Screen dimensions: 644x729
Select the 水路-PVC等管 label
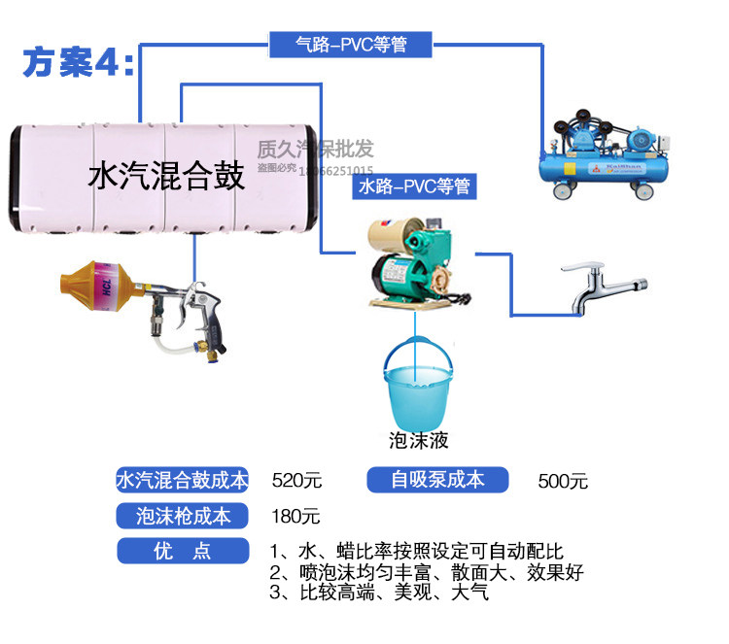(x=415, y=186)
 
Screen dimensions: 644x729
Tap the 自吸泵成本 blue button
(x=437, y=479)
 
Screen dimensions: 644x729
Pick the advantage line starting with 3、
(x=379, y=592)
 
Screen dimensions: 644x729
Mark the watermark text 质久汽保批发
(x=315, y=149)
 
